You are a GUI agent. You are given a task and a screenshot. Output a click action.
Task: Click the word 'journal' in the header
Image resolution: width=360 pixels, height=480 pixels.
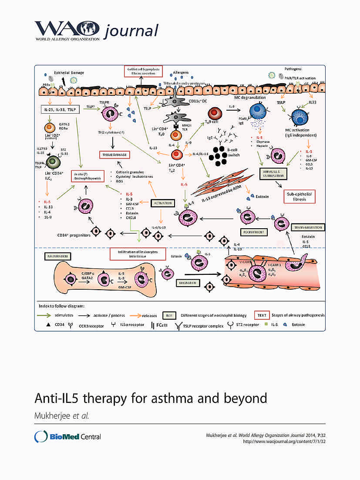point(130,30)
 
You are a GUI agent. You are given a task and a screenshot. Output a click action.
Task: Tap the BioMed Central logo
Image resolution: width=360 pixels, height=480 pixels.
point(68,436)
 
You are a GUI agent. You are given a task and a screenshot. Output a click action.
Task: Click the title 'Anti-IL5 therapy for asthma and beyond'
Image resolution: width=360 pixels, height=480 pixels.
point(151,399)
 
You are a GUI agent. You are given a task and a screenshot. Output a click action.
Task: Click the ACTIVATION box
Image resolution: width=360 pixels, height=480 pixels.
point(162,203)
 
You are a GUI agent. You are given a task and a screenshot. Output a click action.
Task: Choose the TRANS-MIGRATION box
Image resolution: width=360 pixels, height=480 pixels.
point(309,227)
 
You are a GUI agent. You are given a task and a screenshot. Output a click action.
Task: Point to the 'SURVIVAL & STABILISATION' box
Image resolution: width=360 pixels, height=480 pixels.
point(274,174)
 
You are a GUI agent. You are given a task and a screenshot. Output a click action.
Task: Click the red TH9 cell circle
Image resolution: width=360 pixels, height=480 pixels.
point(214,115)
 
